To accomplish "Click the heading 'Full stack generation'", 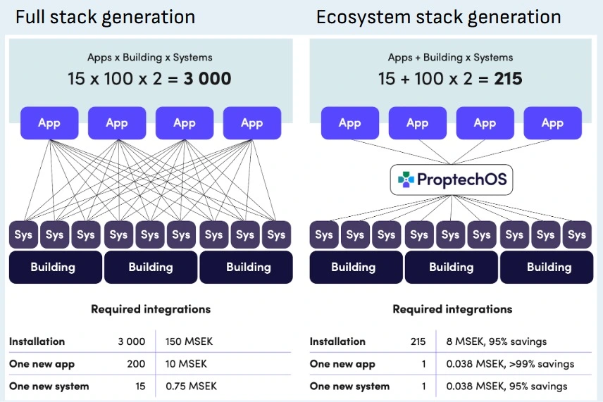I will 105,17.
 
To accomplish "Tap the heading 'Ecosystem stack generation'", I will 438,17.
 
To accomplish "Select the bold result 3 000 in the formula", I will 207,79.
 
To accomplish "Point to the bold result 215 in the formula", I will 508,79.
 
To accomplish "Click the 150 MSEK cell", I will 189,341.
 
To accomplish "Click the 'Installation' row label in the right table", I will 337,341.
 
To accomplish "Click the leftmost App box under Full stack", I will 49,123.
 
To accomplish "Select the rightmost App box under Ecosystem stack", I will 552,123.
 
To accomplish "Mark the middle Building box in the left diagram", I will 151,268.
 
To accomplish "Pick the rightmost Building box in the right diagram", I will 549,268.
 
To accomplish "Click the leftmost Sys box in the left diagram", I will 23,235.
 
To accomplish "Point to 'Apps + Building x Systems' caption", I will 451,58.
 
